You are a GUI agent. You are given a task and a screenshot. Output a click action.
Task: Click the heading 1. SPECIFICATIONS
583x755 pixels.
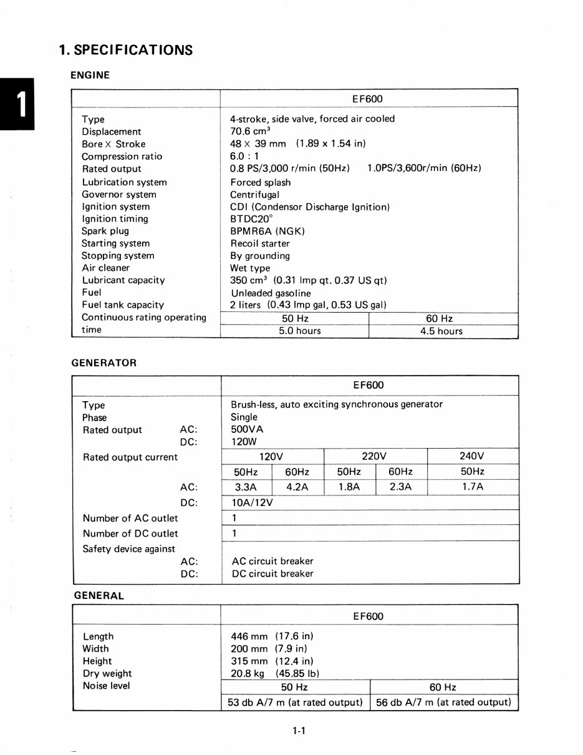125,50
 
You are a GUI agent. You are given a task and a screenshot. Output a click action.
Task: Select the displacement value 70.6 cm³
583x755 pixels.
250,131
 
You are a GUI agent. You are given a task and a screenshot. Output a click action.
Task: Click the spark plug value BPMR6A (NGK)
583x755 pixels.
267,231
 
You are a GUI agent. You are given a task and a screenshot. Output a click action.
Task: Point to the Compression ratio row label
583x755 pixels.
122,157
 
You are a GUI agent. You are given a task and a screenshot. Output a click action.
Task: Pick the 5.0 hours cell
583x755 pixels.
299,331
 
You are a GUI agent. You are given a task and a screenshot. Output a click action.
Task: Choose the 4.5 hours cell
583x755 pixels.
441,331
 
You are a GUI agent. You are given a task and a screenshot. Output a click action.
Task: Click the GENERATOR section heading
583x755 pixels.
105,363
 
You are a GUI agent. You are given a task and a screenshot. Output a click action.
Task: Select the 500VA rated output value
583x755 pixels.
248,429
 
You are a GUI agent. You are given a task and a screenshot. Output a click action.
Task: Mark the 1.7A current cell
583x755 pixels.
472,487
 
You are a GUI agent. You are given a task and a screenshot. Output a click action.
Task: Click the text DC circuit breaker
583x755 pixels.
272,573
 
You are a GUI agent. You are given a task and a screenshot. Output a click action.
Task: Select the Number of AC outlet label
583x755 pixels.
130,519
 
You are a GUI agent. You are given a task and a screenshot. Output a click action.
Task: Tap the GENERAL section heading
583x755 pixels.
99,595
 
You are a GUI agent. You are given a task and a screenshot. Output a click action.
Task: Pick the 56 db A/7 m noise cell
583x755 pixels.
443,702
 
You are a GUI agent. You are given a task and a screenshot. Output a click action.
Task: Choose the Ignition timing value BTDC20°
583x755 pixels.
252,219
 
